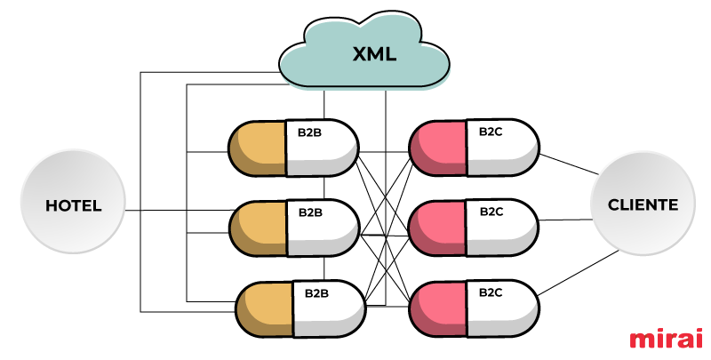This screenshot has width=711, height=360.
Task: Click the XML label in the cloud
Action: (x=374, y=54)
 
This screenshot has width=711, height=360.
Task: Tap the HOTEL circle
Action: (x=73, y=201)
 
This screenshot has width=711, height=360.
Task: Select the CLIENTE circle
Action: (x=643, y=203)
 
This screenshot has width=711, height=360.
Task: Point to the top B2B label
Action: (x=309, y=132)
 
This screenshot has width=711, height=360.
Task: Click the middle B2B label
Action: (x=310, y=212)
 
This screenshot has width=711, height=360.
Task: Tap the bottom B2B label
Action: (x=316, y=293)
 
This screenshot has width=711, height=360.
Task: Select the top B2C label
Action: (x=491, y=132)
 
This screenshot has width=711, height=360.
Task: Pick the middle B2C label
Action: (x=491, y=212)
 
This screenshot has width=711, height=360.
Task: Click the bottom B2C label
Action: (x=491, y=292)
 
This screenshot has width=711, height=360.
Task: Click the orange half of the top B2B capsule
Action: (x=258, y=148)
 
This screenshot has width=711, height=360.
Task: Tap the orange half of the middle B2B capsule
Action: (x=259, y=228)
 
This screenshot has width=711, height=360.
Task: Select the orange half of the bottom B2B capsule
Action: (x=265, y=308)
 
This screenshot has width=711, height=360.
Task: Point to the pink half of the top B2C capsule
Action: (x=438, y=148)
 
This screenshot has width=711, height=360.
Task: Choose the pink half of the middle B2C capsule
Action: (x=438, y=228)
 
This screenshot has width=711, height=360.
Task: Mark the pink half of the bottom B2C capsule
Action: (x=438, y=308)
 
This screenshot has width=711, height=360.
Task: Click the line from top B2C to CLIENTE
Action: (x=569, y=164)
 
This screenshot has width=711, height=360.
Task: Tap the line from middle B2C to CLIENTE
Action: (x=566, y=220)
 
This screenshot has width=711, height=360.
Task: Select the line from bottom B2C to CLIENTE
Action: (x=579, y=273)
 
